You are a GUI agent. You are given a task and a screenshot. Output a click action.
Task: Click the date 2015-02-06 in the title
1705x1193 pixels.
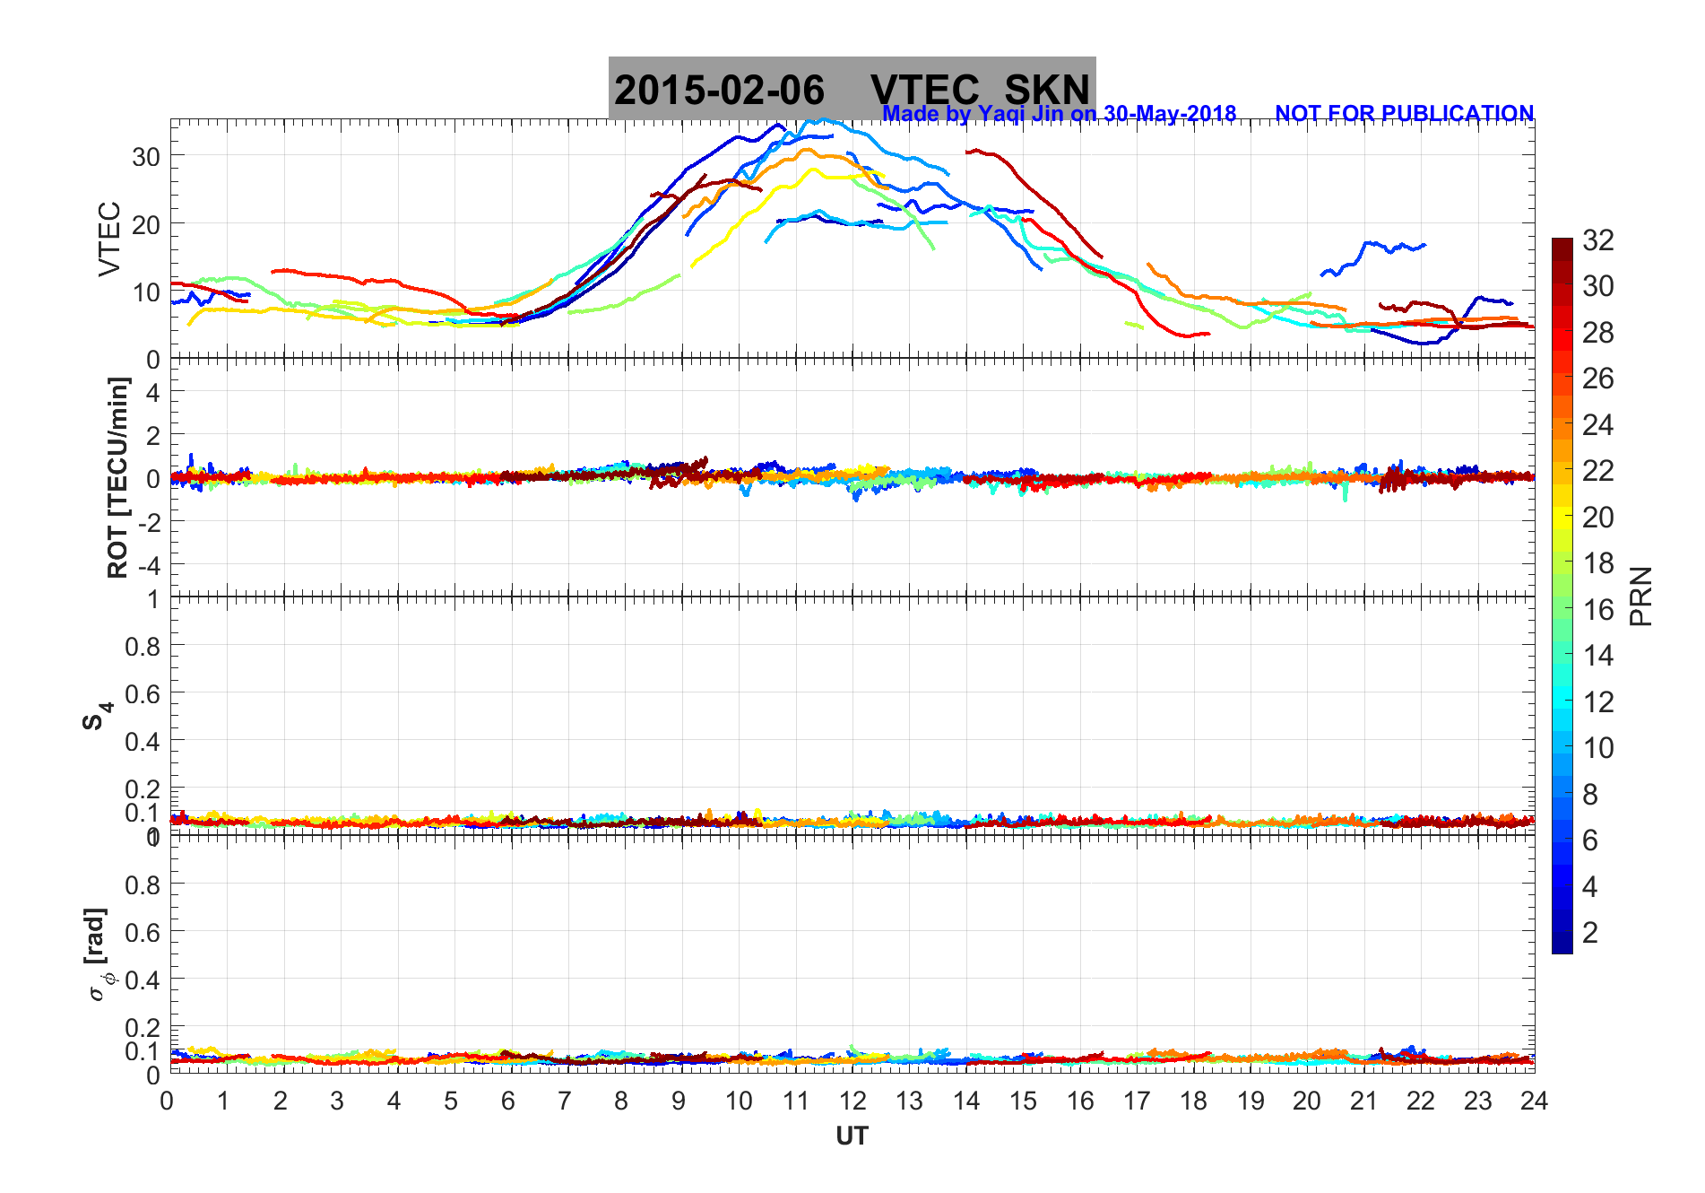(x=719, y=91)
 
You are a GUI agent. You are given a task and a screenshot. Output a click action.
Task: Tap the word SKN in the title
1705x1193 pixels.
(x=1046, y=91)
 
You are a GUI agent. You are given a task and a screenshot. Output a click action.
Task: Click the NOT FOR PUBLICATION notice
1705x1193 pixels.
(x=1404, y=114)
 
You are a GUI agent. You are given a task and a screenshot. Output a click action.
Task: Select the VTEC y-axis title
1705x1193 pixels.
(x=109, y=239)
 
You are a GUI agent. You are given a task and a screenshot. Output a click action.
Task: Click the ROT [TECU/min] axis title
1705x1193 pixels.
(x=117, y=477)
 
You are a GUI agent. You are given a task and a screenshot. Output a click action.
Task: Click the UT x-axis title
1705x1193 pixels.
(x=852, y=1136)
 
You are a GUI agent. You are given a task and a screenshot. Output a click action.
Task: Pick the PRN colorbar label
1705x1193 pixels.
(x=1641, y=596)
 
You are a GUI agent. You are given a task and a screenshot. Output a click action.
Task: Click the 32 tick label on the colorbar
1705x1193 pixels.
(x=1598, y=240)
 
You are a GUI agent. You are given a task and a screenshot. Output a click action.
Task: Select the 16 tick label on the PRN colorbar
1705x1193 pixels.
(x=1598, y=610)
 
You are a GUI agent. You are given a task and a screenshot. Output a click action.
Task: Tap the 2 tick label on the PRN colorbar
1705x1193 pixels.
(x=1590, y=933)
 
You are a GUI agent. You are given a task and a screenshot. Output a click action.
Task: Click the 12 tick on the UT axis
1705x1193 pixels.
(x=852, y=1101)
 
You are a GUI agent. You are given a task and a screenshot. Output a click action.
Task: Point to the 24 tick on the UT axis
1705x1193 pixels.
(x=1534, y=1101)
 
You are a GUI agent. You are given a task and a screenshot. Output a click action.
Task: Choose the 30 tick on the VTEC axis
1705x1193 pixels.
(x=146, y=157)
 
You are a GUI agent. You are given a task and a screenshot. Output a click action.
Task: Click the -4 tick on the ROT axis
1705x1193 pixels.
(x=150, y=566)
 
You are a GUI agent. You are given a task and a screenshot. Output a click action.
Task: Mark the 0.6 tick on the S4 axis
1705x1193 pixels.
(x=142, y=693)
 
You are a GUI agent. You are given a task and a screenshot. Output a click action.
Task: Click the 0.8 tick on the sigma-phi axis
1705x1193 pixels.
(x=142, y=884)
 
